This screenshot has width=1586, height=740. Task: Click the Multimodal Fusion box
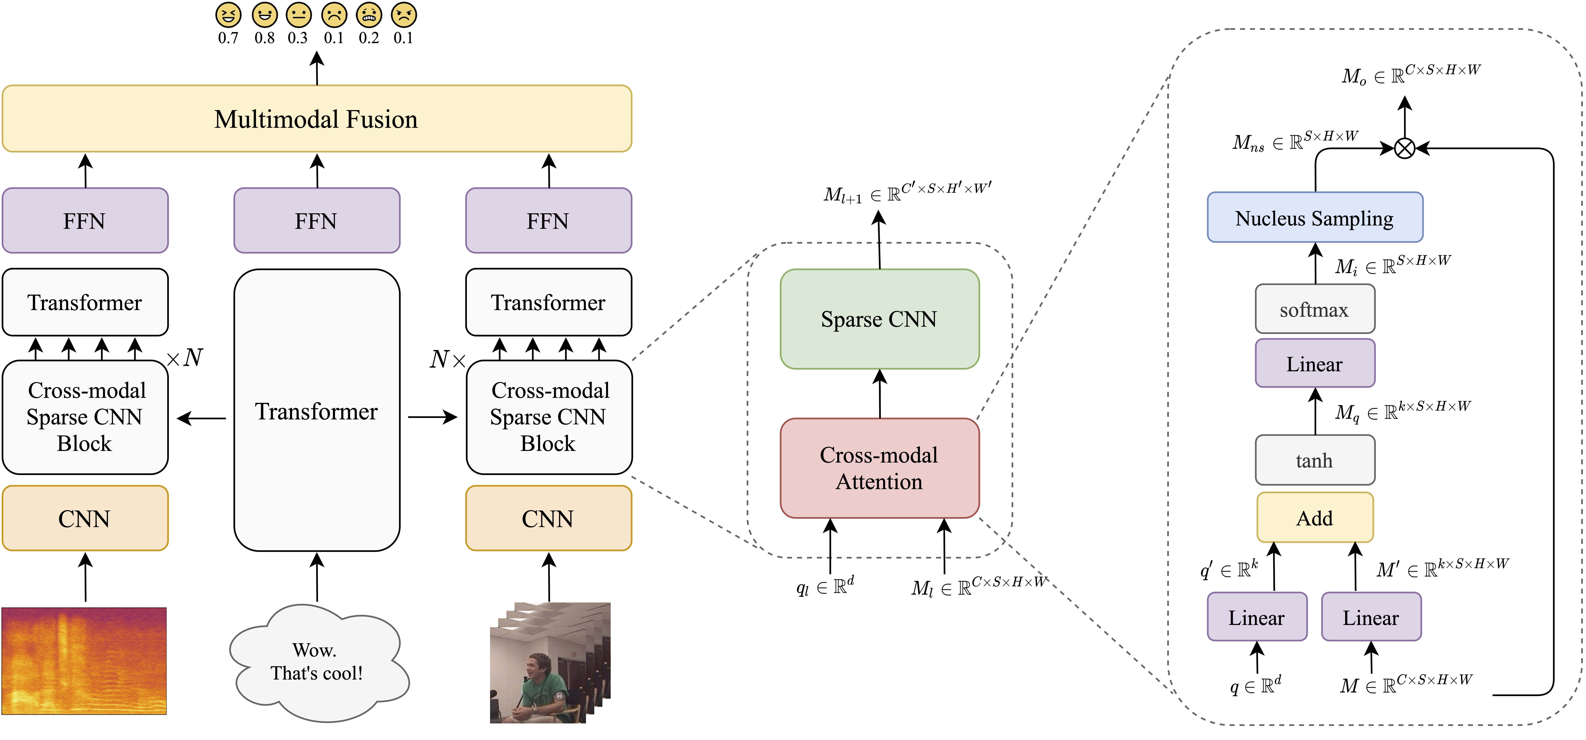[x=316, y=118]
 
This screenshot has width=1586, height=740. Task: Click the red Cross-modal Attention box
[x=879, y=468]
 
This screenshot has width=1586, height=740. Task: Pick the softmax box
[x=1315, y=309]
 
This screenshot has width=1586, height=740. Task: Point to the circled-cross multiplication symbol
[x=1404, y=148]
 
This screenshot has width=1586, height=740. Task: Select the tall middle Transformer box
[x=316, y=410]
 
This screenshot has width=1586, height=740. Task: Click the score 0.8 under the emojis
[x=265, y=38]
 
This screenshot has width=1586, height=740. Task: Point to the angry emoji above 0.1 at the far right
[x=404, y=15]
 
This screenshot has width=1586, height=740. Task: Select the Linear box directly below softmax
[x=1315, y=363]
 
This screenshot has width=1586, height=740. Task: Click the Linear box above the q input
[x=1257, y=617]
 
